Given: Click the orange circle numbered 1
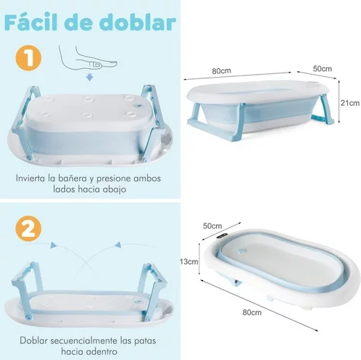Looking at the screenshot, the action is coord(28,58).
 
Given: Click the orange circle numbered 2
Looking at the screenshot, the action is coord(28,229).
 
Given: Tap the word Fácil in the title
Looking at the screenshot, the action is coord(31,22).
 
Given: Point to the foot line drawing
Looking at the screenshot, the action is coord(88,58).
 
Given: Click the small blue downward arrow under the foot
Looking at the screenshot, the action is coord(90,78).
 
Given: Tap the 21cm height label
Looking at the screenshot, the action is coord(350,103).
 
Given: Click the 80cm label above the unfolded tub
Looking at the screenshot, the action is coord(222,71).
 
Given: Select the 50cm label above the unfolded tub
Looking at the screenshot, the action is coord(323,69).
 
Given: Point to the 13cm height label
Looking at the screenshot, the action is coord(189,261).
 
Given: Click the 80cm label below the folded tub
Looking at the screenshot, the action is coord(252,312).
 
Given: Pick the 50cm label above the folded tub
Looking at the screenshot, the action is coord(212,226).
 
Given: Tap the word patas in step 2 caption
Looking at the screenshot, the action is coord(144,341).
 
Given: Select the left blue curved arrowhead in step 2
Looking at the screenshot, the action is coord(54,245).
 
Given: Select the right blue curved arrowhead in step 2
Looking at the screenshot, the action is coord(118,245).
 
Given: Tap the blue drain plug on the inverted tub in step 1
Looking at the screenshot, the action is coord(138,106).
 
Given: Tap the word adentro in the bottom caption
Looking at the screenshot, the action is coord(101,351).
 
